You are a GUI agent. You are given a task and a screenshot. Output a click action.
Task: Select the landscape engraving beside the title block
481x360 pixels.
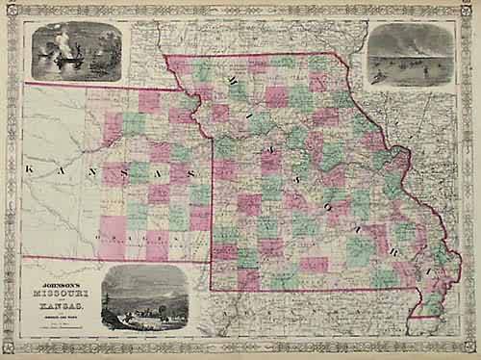tap(144, 297)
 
